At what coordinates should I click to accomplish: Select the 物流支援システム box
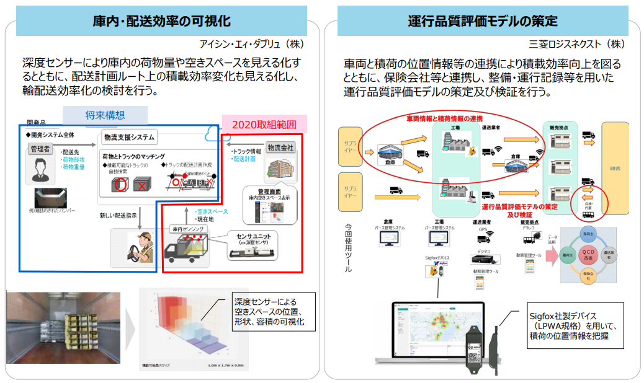[x=129, y=137]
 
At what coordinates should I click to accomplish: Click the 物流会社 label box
[x=280, y=148]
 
